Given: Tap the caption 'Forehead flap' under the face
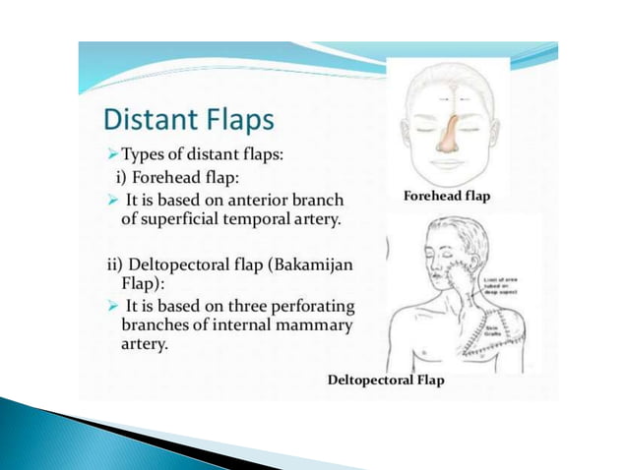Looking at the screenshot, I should pos(446,196).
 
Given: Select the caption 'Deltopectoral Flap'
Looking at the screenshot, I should pos(385,381).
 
